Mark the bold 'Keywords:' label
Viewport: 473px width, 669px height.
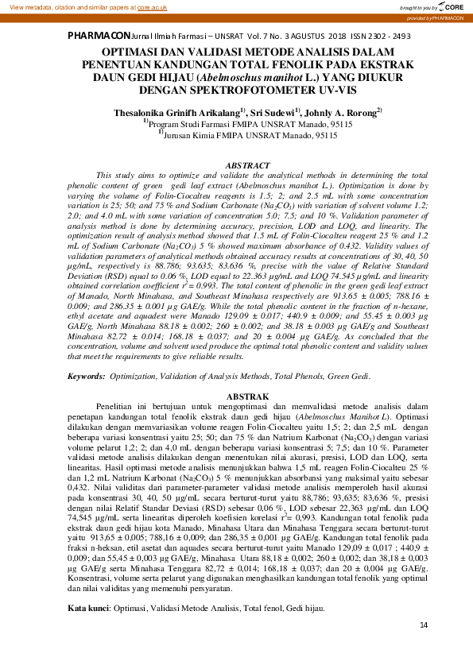(x=85, y=374)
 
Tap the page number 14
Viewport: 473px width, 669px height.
(x=423, y=648)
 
